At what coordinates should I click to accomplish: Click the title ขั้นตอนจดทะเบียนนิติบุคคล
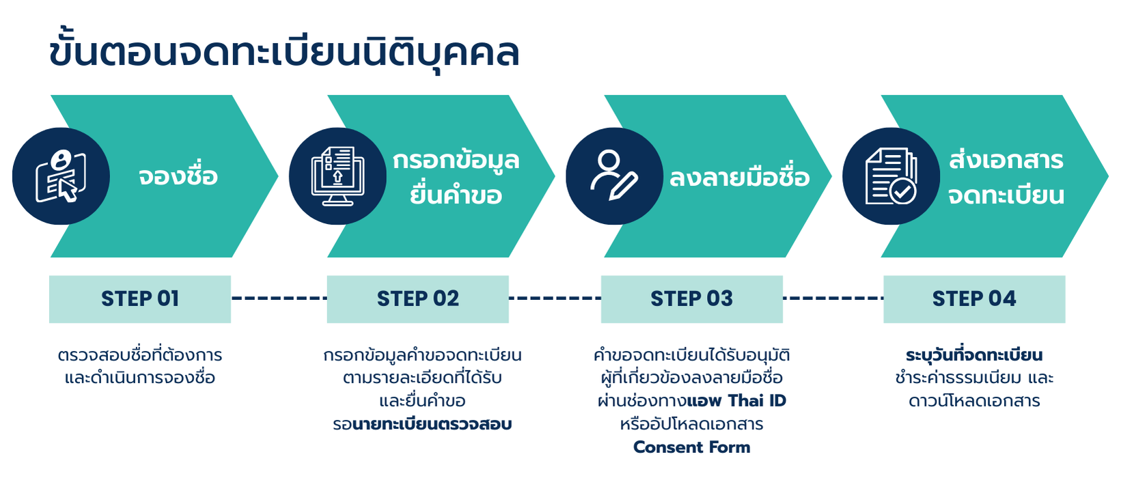click(x=284, y=52)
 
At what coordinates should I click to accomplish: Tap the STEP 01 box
click(x=140, y=298)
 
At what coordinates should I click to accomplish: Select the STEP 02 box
click(x=417, y=298)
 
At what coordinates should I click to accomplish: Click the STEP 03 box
click(x=691, y=298)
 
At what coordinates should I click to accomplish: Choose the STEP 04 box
click(x=974, y=298)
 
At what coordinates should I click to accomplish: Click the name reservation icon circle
click(x=61, y=176)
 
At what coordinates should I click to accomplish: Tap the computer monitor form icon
click(x=337, y=176)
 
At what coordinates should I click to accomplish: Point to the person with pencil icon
click(x=614, y=176)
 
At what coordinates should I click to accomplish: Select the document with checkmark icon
click(x=891, y=176)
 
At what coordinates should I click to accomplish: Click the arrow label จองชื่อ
click(x=178, y=176)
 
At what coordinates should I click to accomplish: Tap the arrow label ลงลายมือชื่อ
click(x=739, y=178)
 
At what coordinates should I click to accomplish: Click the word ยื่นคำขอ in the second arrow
click(x=456, y=195)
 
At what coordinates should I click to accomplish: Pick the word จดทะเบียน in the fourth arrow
click(x=1006, y=195)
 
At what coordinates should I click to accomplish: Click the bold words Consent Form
click(x=691, y=447)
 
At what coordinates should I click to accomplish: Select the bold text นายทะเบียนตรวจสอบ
click(x=432, y=424)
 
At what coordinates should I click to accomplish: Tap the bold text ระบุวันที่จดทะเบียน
click(x=974, y=355)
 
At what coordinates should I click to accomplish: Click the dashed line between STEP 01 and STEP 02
click(x=279, y=298)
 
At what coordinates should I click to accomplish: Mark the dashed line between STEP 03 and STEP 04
click(x=833, y=298)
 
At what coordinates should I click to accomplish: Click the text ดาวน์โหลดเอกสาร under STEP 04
click(x=974, y=401)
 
